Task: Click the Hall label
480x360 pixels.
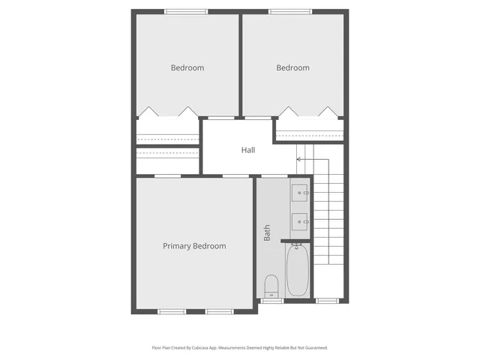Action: click(248, 150)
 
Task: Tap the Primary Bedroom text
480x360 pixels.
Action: click(194, 246)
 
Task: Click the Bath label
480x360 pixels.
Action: click(267, 232)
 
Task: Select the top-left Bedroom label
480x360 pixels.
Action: click(187, 68)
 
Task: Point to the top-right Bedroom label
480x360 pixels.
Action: click(292, 68)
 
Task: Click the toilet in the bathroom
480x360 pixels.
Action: click(271, 286)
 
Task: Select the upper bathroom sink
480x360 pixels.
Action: click(300, 193)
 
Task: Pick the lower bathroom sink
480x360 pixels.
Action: click(300, 220)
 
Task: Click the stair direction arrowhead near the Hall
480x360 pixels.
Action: click(298, 159)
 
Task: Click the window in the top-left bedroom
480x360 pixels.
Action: click(186, 11)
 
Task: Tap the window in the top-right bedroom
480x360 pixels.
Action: click(292, 11)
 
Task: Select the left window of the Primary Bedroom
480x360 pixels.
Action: click(171, 310)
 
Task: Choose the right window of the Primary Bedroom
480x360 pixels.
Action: click(220, 310)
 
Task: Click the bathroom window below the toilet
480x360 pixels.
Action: click(271, 301)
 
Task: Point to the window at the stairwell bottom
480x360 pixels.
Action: click(327, 301)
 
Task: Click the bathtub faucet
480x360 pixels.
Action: click(296, 245)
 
